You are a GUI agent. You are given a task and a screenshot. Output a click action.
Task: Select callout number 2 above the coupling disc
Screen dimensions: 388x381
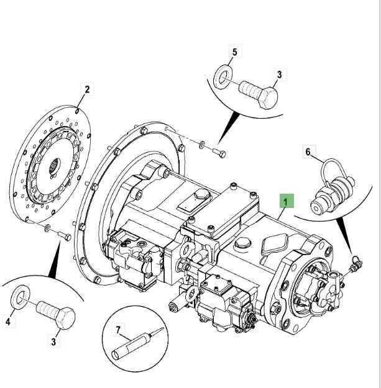click(87, 89)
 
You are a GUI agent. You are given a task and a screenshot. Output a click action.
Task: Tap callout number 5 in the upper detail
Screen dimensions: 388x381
click(234, 52)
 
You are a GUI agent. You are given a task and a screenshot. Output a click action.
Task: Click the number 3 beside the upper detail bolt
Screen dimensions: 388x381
click(280, 75)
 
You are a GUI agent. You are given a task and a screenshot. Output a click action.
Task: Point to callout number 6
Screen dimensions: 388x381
click(307, 151)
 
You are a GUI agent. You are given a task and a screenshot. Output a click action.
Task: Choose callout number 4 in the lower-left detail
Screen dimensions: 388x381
click(9, 322)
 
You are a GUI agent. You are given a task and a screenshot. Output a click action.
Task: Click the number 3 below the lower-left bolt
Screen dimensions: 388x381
click(53, 341)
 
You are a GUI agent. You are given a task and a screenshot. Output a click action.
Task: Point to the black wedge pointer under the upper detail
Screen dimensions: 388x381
click(231, 127)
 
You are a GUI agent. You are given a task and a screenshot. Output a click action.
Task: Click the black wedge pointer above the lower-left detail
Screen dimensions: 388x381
click(54, 261)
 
